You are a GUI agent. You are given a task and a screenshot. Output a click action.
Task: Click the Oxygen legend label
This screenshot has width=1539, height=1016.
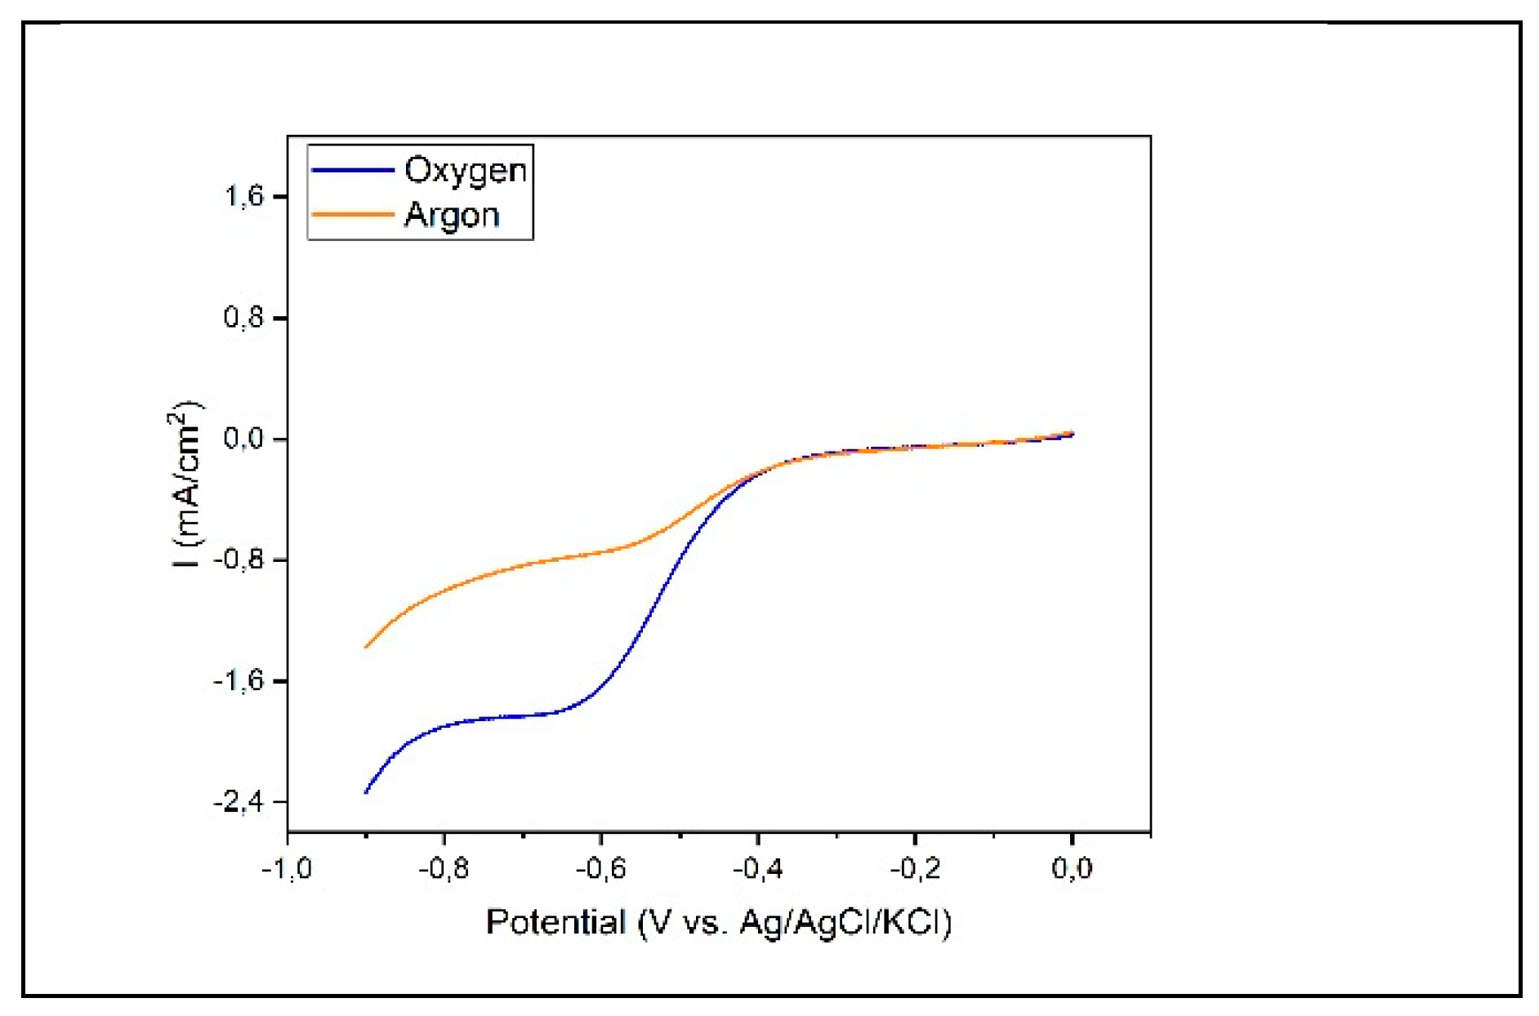pos(466,171)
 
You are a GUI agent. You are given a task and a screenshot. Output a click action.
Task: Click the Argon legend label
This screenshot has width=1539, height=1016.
pos(452,216)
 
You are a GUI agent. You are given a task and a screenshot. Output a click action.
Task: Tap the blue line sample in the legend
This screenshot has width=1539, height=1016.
pos(353,171)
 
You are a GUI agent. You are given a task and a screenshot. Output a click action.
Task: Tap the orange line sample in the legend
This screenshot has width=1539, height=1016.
pos(353,215)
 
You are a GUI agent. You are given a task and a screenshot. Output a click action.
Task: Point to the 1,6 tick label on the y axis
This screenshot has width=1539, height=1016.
pos(244,197)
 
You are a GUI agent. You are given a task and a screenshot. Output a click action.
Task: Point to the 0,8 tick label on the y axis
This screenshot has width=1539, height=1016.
pos(244,318)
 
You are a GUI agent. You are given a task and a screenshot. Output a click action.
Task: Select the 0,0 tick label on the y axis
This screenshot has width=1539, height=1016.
pos(244,439)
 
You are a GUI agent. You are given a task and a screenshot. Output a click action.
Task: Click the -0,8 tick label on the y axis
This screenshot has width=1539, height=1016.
pos(239,560)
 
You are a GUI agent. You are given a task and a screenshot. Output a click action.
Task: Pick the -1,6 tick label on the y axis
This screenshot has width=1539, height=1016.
pos(239,681)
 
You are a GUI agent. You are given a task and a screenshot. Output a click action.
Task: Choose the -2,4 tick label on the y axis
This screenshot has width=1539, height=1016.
pos(239,802)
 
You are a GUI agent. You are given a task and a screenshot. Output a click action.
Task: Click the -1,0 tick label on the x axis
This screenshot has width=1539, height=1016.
pos(287,868)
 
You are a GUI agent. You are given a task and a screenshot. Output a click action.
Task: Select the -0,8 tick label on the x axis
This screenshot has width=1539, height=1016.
pos(444,868)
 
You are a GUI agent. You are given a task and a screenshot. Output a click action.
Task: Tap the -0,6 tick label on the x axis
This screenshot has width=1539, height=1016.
pos(600,868)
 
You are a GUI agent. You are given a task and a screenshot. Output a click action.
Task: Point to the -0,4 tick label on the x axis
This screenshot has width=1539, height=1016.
pos(757,868)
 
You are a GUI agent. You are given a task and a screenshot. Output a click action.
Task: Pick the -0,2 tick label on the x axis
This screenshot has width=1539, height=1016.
pos(914,868)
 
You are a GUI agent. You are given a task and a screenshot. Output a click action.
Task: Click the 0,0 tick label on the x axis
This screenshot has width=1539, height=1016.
pos(1072,868)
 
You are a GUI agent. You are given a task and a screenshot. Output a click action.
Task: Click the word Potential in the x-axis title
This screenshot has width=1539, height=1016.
pos(555,922)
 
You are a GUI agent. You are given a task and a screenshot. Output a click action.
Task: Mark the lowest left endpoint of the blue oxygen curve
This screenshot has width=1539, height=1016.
pos(365,792)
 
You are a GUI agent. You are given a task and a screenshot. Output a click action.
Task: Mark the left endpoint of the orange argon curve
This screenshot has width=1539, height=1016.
pos(365,647)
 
